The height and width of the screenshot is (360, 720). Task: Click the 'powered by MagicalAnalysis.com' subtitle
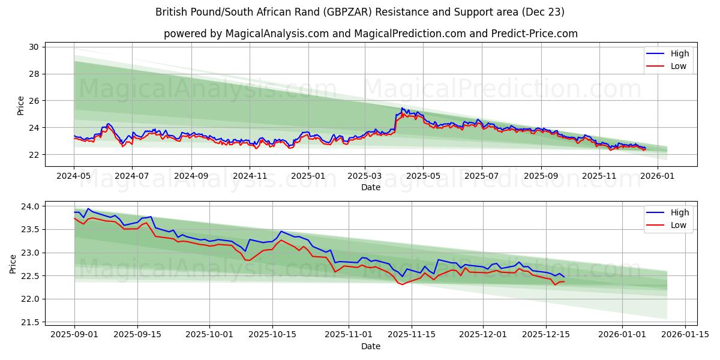click(x=370, y=34)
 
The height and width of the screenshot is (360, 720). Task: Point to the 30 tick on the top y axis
click(x=34, y=47)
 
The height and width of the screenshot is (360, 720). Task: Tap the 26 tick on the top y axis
click(x=34, y=101)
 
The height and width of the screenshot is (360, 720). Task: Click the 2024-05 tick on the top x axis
click(x=74, y=176)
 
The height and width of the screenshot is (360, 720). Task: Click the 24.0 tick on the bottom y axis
click(x=30, y=206)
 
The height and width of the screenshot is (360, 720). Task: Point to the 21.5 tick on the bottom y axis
click(x=30, y=322)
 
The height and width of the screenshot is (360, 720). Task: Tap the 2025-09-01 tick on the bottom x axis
click(x=74, y=335)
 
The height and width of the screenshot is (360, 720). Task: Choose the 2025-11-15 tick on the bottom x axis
click(x=412, y=335)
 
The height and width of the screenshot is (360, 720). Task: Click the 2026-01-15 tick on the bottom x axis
click(x=682, y=335)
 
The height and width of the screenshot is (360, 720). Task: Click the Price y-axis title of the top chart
click(x=21, y=105)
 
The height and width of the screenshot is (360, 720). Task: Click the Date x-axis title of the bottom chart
click(x=370, y=346)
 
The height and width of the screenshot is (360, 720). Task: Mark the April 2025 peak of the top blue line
click(x=402, y=108)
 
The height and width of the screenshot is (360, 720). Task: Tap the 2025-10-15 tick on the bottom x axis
click(x=272, y=335)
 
